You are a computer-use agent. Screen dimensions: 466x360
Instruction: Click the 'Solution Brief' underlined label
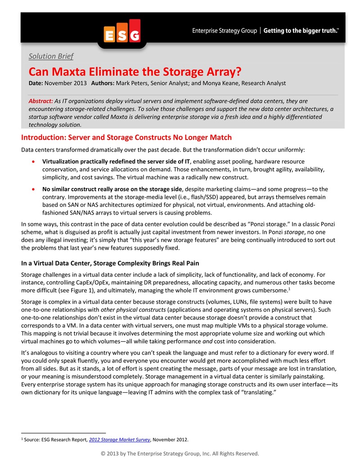tap(51, 56)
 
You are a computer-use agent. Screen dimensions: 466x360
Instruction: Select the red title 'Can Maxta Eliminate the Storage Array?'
tap(135, 72)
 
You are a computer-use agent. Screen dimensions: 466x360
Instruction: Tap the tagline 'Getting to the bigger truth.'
tap(301, 31)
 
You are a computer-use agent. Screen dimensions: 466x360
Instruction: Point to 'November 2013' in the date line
tap(66, 83)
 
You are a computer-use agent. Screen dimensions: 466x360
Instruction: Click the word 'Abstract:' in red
tap(40, 101)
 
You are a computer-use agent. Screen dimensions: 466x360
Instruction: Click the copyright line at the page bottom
tap(180, 453)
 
